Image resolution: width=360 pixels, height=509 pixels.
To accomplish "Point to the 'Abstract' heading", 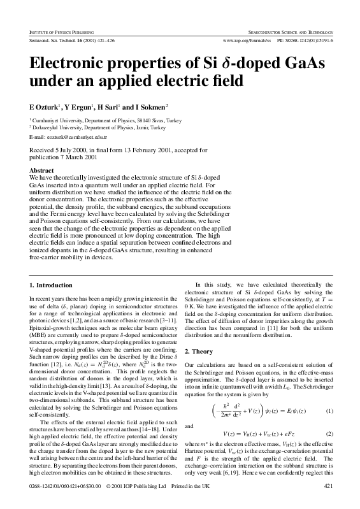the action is pyautogui.click(x=42, y=171).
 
